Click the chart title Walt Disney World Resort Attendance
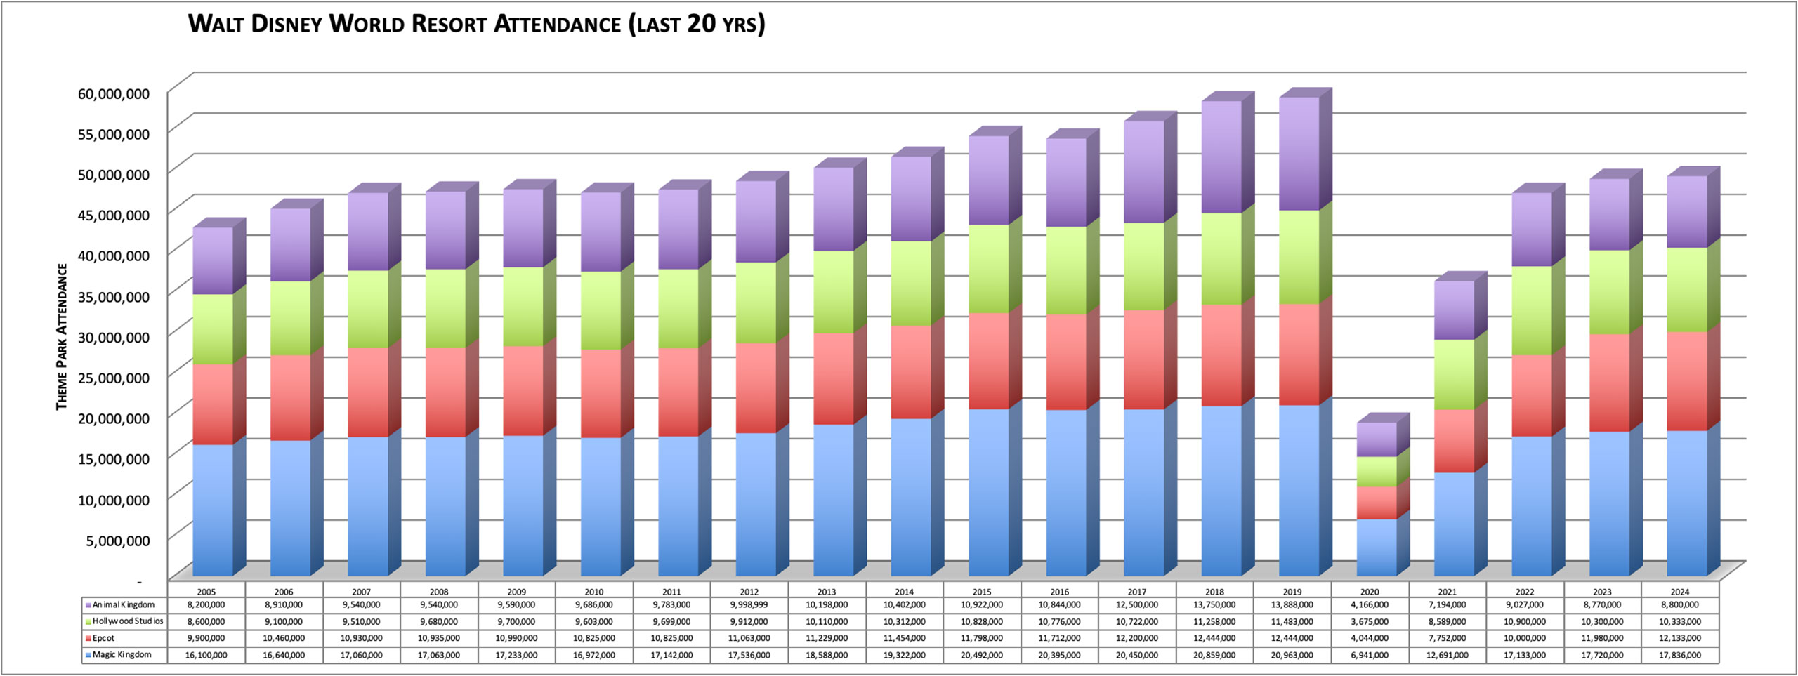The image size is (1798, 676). (x=476, y=24)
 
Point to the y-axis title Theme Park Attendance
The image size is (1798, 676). (x=62, y=336)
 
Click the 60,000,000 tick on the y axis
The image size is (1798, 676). (x=113, y=93)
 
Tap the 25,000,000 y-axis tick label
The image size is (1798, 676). (x=113, y=377)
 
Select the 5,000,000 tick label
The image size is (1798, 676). (x=117, y=540)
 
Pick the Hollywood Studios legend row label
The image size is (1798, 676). (x=127, y=621)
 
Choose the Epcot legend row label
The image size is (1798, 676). (x=103, y=638)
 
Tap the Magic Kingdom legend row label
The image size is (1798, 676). (x=122, y=654)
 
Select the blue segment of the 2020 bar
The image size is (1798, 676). (x=1376, y=548)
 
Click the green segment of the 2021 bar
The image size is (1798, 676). (x=1454, y=374)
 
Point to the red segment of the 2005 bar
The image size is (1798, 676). (x=213, y=404)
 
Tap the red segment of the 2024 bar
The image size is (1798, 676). (x=1686, y=381)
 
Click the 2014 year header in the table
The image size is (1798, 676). (x=904, y=592)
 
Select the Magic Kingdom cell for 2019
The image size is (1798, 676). (x=1292, y=655)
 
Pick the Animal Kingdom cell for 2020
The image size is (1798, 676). (x=1369, y=604)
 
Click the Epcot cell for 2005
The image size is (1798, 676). (x=206, y=638)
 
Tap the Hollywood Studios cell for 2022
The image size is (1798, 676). (x=1524, y=621)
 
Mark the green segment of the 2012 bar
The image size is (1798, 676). (x=756, y=303)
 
